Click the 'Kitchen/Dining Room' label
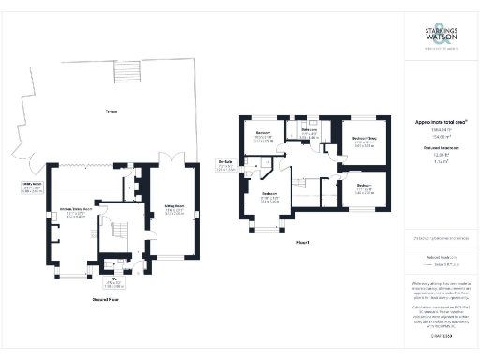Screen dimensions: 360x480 (75, 210)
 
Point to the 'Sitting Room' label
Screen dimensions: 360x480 (173, 209)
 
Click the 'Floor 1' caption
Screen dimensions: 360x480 (302, 243)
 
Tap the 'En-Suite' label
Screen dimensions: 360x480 (226, 167)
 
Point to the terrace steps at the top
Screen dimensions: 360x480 (125, 71)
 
